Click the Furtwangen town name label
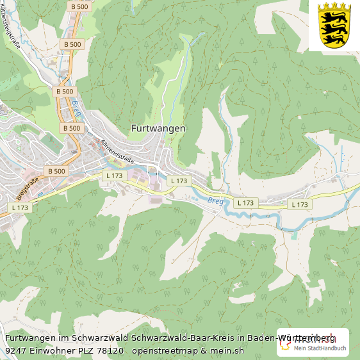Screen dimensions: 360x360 click(158, 128)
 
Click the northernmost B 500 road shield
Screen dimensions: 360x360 click(79, 6)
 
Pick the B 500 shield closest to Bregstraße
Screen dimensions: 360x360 click(56, 171)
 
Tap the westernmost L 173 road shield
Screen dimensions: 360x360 click(20, 208)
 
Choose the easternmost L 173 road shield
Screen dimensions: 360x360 click(299, 204)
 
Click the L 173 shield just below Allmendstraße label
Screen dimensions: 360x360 click(114, 176)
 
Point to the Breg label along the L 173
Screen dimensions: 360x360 click(215, 200)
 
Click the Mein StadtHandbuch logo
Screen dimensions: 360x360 click(313, 344)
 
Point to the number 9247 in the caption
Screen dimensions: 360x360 click(17, 350)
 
